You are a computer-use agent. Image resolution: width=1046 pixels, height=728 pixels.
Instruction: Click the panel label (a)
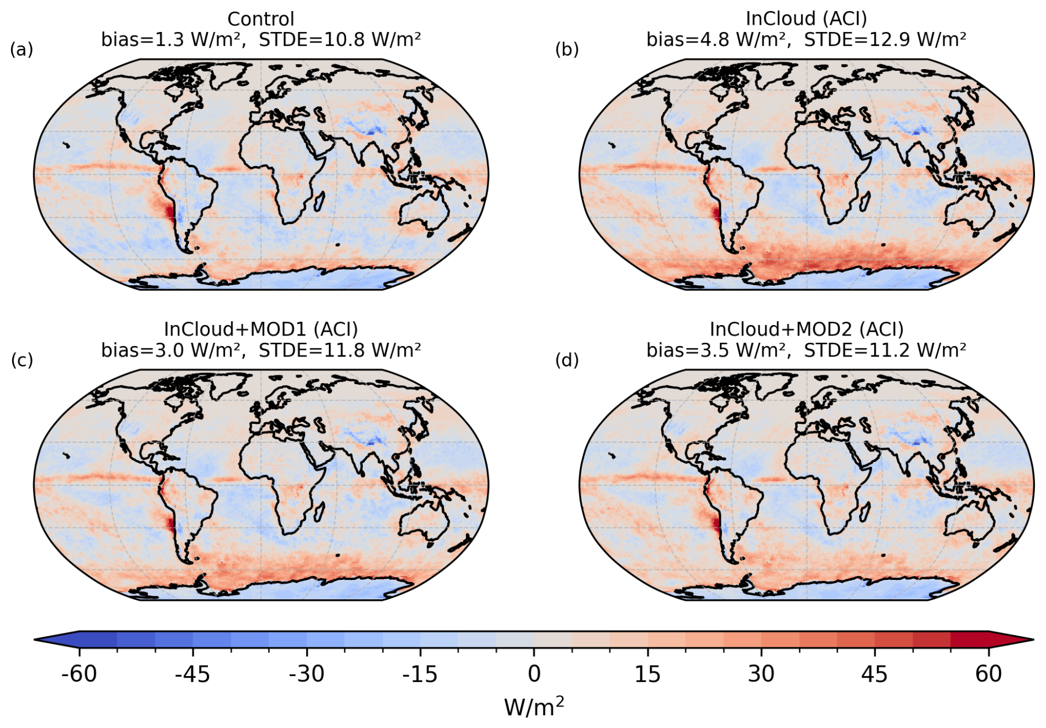pyautogui.click(x=22, y=50)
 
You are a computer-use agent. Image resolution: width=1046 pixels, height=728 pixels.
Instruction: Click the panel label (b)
pyautogui.click(x=567, y=50)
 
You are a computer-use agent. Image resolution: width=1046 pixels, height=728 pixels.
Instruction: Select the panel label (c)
pyautogui.click(x=22, y=360)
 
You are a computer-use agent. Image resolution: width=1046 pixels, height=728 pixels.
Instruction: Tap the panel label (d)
pyautogui.click(x=567, y=360)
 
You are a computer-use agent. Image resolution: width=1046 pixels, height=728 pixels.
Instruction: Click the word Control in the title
pyautogui.click(x=261, y=19)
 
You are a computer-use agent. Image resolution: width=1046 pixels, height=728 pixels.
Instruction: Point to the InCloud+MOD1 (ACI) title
pyautogui.click(x=261, y=329)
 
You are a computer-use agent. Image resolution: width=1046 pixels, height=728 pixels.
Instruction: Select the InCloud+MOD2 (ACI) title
pyautogui.click(x=807, y=329)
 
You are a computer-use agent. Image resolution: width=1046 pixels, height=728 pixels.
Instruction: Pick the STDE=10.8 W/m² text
pyautogui.click(x=339, y=40)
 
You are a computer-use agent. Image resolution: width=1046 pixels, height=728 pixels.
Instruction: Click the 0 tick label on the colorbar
pyautogui.click(x=534, y=674)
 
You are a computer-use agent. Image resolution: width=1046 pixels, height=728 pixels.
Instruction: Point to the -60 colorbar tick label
pyautogui.click(x=79, y=674)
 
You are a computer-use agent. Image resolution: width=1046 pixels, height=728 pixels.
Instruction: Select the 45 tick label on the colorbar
pyautogui.click(x=875, y=674)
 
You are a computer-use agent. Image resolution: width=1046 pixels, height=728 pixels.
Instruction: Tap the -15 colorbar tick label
pyautogui.click(x=420, y=674)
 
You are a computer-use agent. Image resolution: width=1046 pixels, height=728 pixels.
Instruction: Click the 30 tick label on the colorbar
pyautogui.click(x=761, y=674)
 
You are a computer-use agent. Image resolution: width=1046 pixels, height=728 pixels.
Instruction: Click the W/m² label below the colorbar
pyautogui.click(x=534, y=707)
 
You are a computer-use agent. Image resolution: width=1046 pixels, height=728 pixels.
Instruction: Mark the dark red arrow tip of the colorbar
pyautogui.click(x=1033, y=640)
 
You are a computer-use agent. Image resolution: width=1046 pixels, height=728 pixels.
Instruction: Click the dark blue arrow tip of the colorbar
pyautogui.click(x=35, y=640)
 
